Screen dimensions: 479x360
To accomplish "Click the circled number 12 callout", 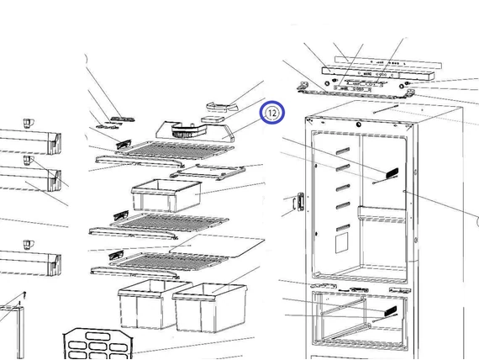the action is (272, 113).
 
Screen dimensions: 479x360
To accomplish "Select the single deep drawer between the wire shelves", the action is (166, 195).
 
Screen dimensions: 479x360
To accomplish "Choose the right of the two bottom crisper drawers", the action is (210, 307).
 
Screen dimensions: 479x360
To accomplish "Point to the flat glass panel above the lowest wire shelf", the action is (217, 246).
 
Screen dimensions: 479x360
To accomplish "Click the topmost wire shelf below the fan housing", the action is (176, 151).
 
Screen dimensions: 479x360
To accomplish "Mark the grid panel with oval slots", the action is (98, 344).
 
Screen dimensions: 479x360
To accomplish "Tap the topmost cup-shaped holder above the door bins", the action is (29, 124).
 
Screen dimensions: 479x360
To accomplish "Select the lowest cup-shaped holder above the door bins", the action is (29, 245).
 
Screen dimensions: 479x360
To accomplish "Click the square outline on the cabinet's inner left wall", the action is (342, 243).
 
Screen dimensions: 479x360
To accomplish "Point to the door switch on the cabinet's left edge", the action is (300, 202).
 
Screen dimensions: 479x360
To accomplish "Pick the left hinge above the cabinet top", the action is (303, 87).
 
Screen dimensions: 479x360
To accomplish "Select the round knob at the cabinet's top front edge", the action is (358, 124).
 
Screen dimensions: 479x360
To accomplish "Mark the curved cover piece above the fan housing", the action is (223, 107).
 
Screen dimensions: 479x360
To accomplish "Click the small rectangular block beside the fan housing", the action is (213, 119).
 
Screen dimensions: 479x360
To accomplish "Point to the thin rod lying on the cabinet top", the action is (386, 109).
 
